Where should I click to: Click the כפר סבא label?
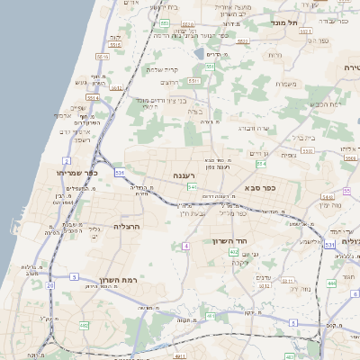(x=261, y=190)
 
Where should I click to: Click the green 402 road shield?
(x=233, y=253)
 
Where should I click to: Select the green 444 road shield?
(x=329, y=283)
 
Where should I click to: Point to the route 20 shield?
(x=50, y=285)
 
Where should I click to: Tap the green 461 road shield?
(x=84, y=325)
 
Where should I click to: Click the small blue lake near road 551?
(x=203, y=80)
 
